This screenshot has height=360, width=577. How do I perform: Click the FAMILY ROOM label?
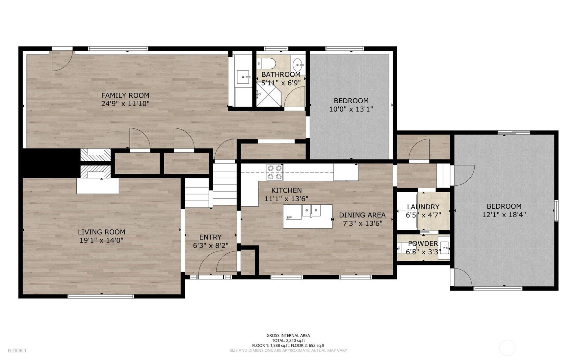pyautogui.click(x=125, y=95)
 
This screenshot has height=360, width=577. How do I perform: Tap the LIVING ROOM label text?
pyautogui.click(x=102, y=232)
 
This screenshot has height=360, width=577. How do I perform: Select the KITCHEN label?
pyautogui.click(x=286, y=190)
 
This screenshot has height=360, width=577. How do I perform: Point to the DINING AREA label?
pyautogui.click(x=362, y=215)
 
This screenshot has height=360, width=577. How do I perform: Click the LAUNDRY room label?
pyautogui.click(x=423, y=207)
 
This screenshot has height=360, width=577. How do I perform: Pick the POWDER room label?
pyautogui.click(x=423, y=244)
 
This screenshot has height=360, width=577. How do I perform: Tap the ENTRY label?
pyautogui.click(x=210, y=237)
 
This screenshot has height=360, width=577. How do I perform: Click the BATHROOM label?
pyautogui.click(x=281, y=74)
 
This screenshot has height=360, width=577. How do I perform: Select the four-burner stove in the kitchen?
pyautogui.click(x=275, y=172)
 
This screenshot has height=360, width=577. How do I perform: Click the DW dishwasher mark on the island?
pyautogui.click(x=289, y=217)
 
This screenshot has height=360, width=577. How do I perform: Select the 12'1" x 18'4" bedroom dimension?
pyautogui.click(x=504, y=215)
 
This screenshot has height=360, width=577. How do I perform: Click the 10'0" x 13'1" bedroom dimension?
pyautogui.click(x=351, y=109)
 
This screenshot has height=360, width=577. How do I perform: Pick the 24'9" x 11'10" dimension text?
pyautogui.click(x=125, y=104)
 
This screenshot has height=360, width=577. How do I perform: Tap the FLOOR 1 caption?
pyautogui.click(x=17, y=350)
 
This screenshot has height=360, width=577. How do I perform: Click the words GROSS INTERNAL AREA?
pyautogui.click(x=288, y=336)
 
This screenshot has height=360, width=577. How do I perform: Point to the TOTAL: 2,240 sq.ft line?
pyautogui.click(x=288, y=341)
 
